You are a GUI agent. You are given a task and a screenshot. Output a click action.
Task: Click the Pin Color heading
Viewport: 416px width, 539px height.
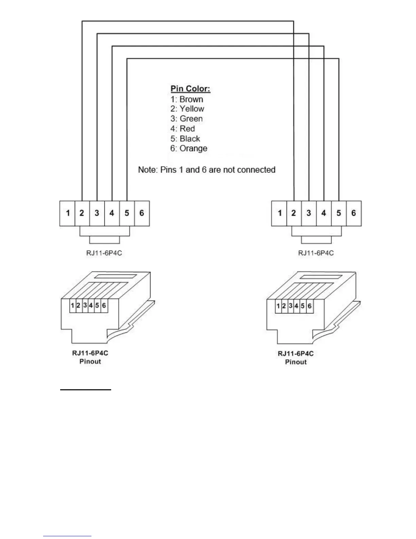click(x=190, y=89)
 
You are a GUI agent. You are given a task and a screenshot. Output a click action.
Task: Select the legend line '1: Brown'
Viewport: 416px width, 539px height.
click(x=187, y=99)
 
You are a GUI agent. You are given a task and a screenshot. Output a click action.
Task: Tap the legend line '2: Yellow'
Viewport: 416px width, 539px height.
click(x=187, y=109)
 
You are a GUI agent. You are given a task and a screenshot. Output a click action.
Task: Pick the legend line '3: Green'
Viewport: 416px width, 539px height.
click(x=187, y=119)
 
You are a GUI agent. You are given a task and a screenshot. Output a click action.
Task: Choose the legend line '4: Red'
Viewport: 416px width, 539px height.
click(x=183, y=129)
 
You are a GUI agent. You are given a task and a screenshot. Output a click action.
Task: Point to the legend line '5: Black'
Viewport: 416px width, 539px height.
click(x=185, y=138)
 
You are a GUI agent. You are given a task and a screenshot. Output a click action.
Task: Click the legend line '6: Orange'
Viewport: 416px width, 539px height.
click(x=189, y=148)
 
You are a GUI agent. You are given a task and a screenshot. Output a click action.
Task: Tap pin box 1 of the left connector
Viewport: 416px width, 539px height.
click(x=67, y=213)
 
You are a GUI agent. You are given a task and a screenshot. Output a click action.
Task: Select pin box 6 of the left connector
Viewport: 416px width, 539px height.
click(x=142, y=213)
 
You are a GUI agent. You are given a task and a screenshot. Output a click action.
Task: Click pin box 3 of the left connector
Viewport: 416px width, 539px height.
click(x=97, y=213)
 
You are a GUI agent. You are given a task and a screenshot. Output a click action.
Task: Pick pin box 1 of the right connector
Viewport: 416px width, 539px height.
click(x=279, y=213)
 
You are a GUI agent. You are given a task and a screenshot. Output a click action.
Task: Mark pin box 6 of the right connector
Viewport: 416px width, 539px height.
click(x=353, y=213)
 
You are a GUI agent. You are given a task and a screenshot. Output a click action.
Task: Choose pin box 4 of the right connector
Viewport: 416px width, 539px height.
click(x=324, y=213)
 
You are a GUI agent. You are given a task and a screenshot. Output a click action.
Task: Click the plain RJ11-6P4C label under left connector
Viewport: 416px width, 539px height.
click(x=104, y=254)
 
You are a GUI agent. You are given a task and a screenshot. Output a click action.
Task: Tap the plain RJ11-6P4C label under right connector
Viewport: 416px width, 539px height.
click(x=316, y=253)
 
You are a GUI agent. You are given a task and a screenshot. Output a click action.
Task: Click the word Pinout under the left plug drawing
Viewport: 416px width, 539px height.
click(x=90, y=362)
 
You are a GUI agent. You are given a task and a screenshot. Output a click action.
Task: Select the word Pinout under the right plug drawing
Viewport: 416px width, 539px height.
click(x=296, y=362)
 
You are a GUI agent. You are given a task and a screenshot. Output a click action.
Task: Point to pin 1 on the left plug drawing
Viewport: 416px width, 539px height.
click(x=72, y=306)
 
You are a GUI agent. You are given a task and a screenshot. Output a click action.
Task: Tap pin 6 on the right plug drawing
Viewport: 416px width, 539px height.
click(x=309, y=306)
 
